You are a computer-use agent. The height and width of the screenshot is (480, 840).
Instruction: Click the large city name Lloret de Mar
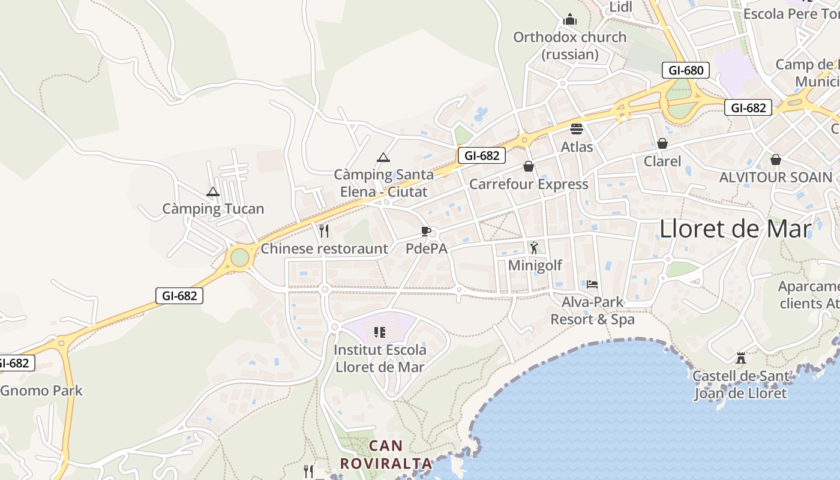coord(735,229)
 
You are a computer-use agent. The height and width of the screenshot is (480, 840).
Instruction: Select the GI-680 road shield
coord(686,70)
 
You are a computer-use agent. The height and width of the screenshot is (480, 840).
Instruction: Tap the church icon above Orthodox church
coord(569,20)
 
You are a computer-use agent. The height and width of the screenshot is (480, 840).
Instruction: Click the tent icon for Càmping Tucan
coord(212,192)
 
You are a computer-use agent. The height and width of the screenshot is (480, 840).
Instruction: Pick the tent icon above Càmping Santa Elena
coord(383,158)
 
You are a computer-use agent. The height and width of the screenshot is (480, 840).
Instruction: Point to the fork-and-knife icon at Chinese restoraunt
coord(324,231)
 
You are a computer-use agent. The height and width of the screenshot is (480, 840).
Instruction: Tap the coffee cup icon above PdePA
coord(426,231)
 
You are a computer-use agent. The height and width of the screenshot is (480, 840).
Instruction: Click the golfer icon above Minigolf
coord(534,247)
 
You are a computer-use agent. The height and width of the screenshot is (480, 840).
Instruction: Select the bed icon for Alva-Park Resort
coord(592,284)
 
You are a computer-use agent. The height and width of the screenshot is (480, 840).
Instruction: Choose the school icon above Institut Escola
coord(379,332)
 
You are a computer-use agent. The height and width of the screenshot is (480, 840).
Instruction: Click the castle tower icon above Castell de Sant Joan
coord(741,358)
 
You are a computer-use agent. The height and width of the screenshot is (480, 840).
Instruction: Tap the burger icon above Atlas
coord(577,128)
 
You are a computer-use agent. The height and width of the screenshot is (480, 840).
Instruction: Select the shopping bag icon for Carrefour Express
coord(529,166)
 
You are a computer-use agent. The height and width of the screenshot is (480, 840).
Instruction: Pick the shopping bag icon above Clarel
coord(662,143)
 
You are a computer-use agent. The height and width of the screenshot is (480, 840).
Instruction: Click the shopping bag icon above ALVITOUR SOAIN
coord(776,160)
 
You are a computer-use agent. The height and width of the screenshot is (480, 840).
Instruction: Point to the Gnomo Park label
coord(41,391)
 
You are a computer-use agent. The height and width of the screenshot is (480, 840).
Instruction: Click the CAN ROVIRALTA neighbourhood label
coord(386,454)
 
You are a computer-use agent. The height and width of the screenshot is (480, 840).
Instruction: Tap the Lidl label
coord(621,7)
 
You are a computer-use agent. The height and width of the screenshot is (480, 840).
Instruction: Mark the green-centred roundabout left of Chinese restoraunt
coord(239,257)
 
